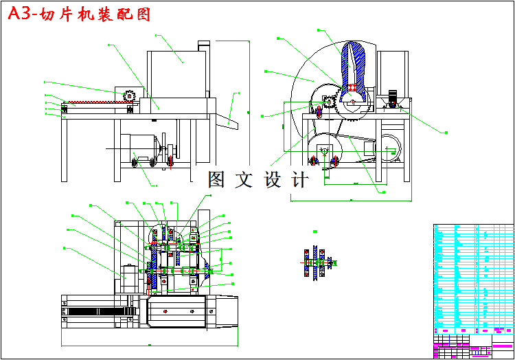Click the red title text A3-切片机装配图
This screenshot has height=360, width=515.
click(x=78, y=14)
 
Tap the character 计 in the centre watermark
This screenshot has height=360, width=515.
click(x=300, y=180)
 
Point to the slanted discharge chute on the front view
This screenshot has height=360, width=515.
click(x=227, y=122)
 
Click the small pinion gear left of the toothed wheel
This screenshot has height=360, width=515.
click(x=330, y=103)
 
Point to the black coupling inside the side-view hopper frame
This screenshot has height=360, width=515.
click(x=393, y=98)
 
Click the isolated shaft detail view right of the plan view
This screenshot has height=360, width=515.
click(x=317, y=262)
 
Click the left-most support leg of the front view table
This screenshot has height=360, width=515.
click(x=65, y=148)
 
